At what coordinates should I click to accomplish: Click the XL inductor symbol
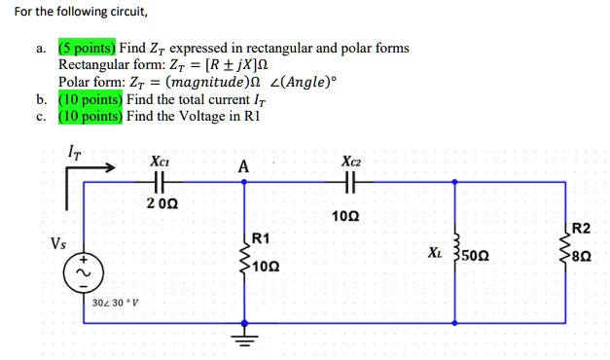[x=455, y=255]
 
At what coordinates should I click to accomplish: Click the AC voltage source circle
[x=84, y=272]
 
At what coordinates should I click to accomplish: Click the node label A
[x=242, y=167]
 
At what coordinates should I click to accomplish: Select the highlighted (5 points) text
[x=87, y=48]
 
